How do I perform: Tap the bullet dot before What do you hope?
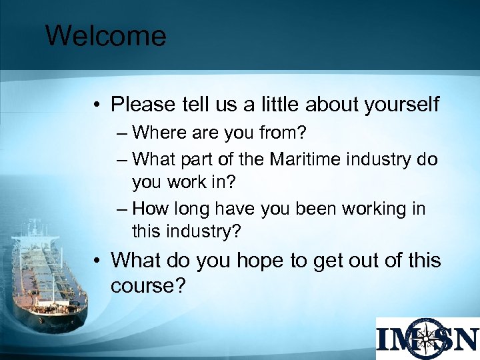click(x=97, y=260)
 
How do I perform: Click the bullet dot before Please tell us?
click(x=97, y=105)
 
